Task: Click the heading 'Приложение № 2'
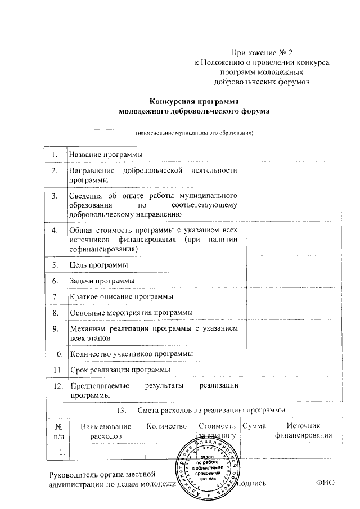coord(262,53)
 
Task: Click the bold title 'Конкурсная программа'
coord(195,102)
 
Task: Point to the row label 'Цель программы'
coord(97,264)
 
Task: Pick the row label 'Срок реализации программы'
coord(119,369)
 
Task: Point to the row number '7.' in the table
coord(55,296)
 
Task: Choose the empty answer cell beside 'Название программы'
coord(293,154)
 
